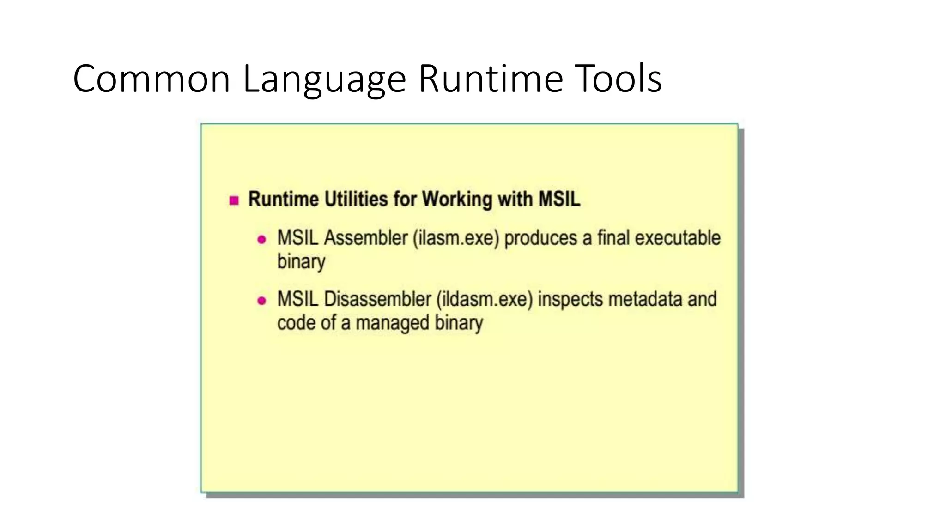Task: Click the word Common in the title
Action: pyautogui.click(x=152, y=79)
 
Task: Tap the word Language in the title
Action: pyautogui.click(x=324, y=79)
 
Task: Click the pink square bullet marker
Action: pyautogui.click(x=234, y=200)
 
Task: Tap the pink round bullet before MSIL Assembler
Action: pyautogui.click(x=261, y=239)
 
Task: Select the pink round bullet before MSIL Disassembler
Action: pyautogui.click(x=261, y=301)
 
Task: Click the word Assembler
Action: pyautogui.click(x=366, y=238)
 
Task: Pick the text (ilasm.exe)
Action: pyautogui.click(x=456, y=238)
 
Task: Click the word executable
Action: pyautogui.click(x=678, y=238)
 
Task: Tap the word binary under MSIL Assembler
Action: pyautogui.click(x=301, y=262)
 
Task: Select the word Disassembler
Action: pyautogui.click(x=377, y=299)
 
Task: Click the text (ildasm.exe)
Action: pyautogui.click(x=485, y=299)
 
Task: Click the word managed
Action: pyautogui.click(x=392, y=323)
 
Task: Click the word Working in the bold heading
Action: pyautogui.click(x=457, y=199)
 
